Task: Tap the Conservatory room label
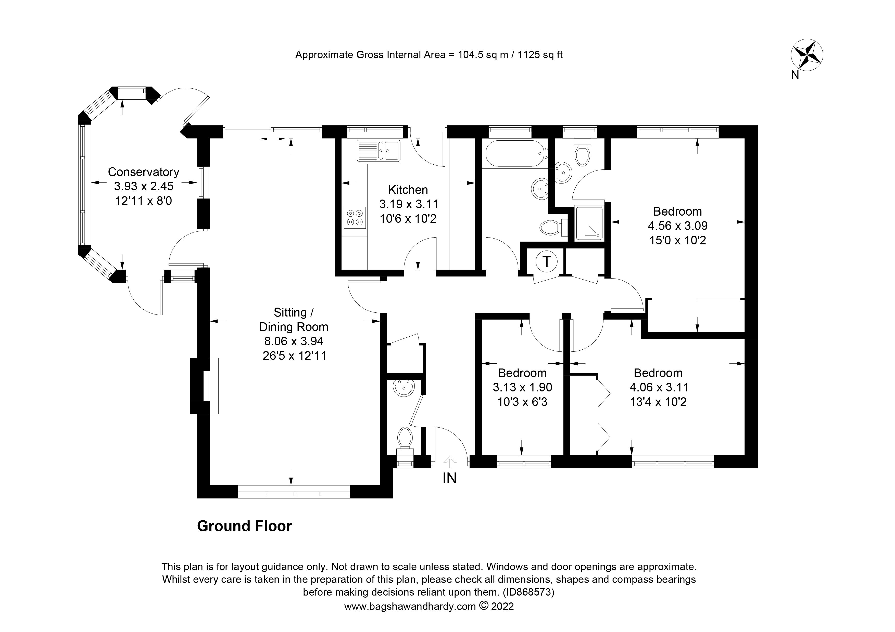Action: [x=143, y=172]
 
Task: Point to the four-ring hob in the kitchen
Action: [x=355, y=218]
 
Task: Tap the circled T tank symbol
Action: [x=547, y=261]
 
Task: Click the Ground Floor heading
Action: [x=244, y=526]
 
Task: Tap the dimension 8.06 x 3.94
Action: [x=294, y=341]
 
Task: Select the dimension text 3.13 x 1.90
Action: [x=522, y=387]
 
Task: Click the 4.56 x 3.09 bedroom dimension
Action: [x=677, y=226]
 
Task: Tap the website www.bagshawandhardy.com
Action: [x=410, y=606]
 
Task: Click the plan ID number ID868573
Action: [x=528, y=592]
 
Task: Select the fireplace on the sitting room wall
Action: [x=204, y=386]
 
